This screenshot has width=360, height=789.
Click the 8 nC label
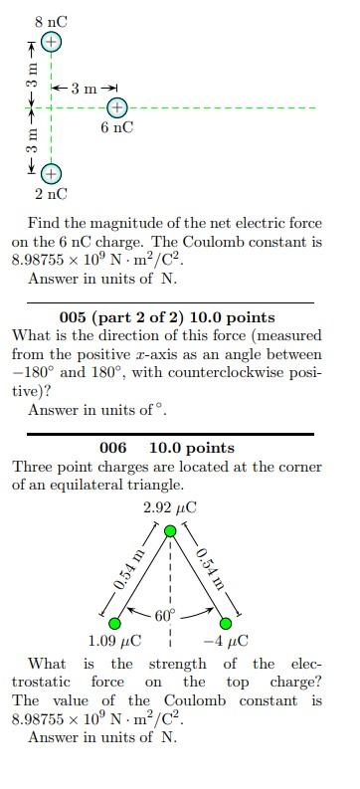click(x=52, y=21)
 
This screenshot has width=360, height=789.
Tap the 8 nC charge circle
click(x=52, y=42)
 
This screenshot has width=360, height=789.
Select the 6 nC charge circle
click(x=116, y=107)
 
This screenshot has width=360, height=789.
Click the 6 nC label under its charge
click(x=116, y=128)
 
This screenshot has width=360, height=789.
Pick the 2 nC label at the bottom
click(x=52, y=194)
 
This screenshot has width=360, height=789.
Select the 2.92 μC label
click(x=170, y=507)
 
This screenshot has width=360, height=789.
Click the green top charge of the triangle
click(x=170, y=531)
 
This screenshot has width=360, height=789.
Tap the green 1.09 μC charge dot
click(x=115, y=623)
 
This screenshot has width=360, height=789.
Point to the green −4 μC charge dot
click(x=226, y=623)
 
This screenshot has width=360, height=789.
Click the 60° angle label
click(x=164, y=615)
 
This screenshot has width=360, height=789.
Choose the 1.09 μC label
click(x=114, y=642)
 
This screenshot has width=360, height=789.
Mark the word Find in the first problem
click(x=44, y=223)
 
